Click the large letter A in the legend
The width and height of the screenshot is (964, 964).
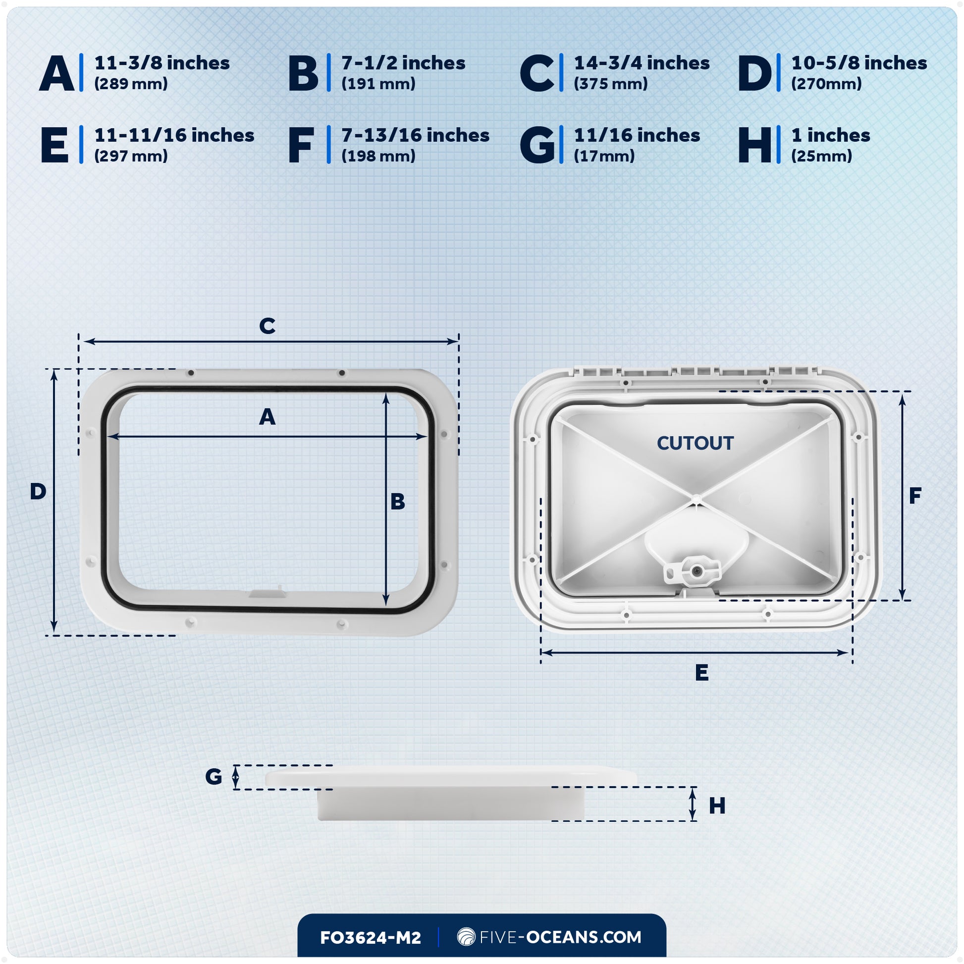[x=56, y=73]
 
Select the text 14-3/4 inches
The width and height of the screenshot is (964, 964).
[x=642, y=63]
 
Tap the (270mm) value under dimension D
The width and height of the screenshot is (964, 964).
[x=826, y=84]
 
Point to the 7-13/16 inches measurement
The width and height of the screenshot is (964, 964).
[x=415, y=136]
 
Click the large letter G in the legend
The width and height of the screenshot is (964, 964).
[x=537, y=145]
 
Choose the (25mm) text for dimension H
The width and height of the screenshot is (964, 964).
[x=821, y=156]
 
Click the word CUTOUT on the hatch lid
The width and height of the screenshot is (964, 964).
[x=695, y=443]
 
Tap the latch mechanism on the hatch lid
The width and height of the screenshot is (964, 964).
[x=693, y=570]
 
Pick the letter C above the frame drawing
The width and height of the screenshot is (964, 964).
[x=267, y=326]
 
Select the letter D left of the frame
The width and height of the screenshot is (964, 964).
[x=38, y=492]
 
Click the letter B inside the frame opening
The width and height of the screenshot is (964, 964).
[x=398, y=502]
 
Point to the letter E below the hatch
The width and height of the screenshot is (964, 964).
[x=701, y=673]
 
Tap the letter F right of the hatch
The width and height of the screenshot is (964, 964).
[x=914, y=496]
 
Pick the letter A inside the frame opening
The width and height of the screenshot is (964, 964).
[x=267, y=417]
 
